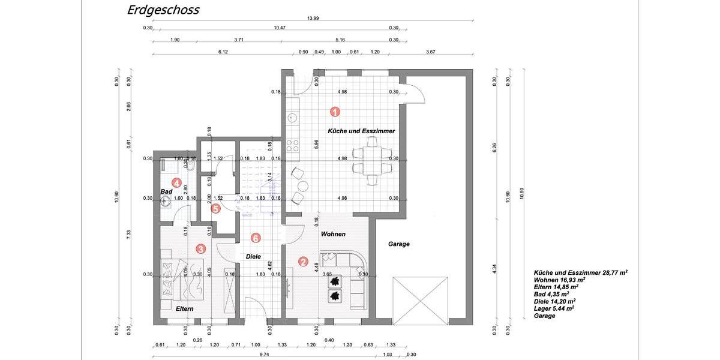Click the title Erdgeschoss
(163, 10)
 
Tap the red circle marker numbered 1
(335, 111)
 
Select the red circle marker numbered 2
(304, 262)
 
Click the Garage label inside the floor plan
(399, 244)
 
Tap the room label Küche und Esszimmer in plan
(361, 131)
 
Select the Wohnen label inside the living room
(333, 234)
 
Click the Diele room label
(253, 256)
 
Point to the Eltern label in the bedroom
(185, 308)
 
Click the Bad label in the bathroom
(166, 191)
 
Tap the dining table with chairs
(372, 160)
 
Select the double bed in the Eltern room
(185, 280)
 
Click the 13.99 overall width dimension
(313, 19)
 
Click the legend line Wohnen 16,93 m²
(559, 280)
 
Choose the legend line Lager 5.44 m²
(554, 308)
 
